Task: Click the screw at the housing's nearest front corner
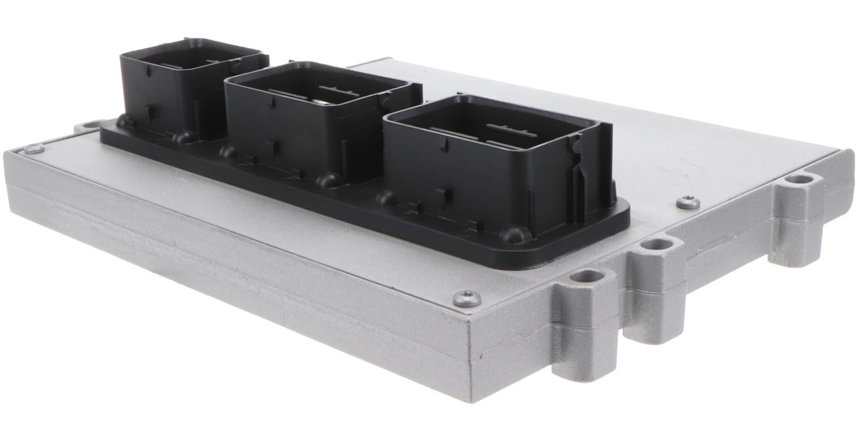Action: (x=466, y=298)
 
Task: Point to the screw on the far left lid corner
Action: (x=33, y=149)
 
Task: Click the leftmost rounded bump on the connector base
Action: (x=123, y=122)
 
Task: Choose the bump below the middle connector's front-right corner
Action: (x=327, y=180)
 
